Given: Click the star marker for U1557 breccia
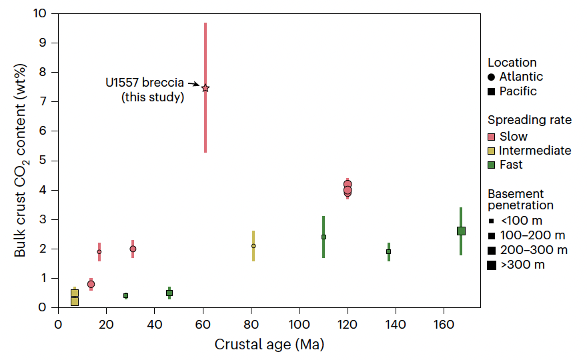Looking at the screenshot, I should (x=205, y=88).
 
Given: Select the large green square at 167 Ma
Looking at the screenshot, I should (x=461, y=231).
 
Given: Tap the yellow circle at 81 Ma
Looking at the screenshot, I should (x=253, y=246).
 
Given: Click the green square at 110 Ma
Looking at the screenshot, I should (x=324, y=237).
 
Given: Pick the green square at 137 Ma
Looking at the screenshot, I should (x=388, y=251).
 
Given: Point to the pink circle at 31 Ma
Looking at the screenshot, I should (x=133, y=249).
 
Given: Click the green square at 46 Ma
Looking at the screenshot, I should (x=169, y=293).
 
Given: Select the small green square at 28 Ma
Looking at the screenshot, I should (x=125, y=295).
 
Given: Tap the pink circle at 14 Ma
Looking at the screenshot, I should (x=91, y=284).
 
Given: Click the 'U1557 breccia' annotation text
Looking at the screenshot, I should (x=144, y=84).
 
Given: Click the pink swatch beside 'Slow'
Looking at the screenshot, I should (x=492, y=137).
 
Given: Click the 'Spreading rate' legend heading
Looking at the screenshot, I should (x=530, y=120).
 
